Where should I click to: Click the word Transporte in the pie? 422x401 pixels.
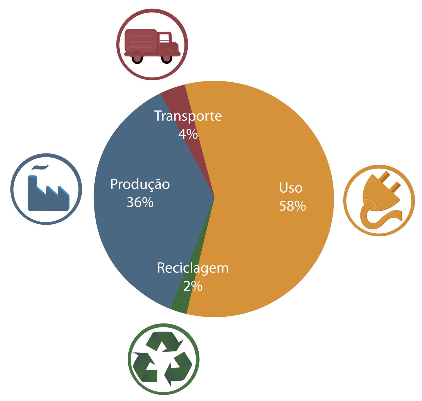(x=188, y=116)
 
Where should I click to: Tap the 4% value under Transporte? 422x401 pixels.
(x=188, y=134)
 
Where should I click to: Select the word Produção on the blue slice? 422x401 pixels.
(x=140, y=184)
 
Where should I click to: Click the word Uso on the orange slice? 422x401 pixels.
(x=290, y=188)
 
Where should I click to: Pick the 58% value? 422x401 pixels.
(x=292, y=206)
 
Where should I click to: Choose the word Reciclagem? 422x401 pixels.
(x=193, y=268)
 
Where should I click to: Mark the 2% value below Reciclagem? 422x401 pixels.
(x=193, y=286)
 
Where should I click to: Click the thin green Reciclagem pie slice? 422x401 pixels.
(x=181, y=306)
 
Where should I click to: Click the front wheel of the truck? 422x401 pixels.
(x=167, y=58)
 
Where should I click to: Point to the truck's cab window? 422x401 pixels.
(x=165, y=38)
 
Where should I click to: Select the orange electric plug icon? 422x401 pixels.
(x=379, y=200)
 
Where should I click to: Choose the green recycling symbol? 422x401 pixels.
(x=163, y=359)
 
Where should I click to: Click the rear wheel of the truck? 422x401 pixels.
(x=137, y=58)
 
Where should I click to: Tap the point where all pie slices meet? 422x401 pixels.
(x=214, y=196)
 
